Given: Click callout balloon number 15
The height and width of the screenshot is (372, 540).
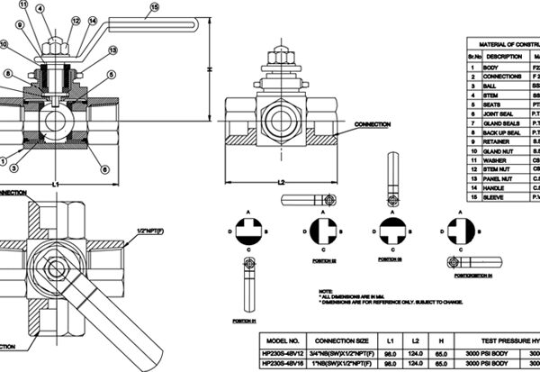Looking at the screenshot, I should [x=153, y=7].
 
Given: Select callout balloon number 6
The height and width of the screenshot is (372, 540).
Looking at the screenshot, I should [x=104, y=169].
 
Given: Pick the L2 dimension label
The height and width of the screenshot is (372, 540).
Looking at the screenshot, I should [x=282, y=182].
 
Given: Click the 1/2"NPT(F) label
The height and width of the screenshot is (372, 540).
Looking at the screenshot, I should [x=175, y=232].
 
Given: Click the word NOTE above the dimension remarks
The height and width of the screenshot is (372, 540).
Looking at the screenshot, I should [x=325, y=291].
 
